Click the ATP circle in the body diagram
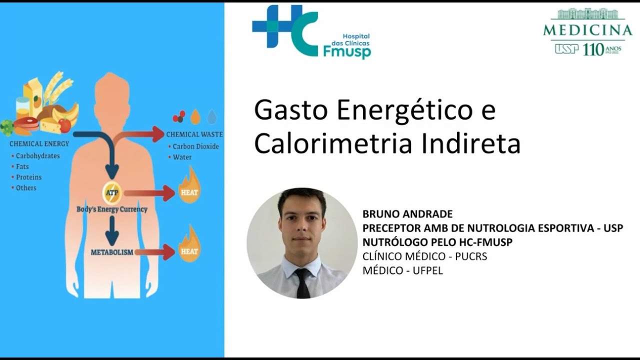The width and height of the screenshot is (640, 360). [x=111, y=192]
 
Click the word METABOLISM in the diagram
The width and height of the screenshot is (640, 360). [x=112, y=252]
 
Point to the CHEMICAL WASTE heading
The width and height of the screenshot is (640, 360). [x=194, y=134]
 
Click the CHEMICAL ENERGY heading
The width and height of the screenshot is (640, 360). [x=39, y=144]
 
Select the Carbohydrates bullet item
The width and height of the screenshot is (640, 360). [x=37, y=156]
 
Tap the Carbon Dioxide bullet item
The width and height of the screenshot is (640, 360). [x=195, y=146]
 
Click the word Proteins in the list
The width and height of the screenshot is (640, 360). [x=28, y=177]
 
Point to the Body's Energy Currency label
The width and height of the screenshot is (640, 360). [x=112, y=209]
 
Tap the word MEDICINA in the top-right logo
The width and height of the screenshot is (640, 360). [x=587, y=30]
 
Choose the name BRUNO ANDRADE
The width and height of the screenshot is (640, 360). [x=407, y=214]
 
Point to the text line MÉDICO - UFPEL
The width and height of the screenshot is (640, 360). [x=402, y=270]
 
